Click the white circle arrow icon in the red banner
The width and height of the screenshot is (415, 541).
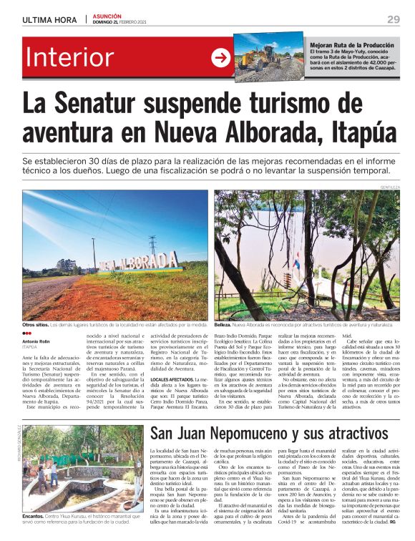[x=222, y=58]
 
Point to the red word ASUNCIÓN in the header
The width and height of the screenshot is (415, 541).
[x=107, y=16]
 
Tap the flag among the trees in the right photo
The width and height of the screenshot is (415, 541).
[x=296, y=261]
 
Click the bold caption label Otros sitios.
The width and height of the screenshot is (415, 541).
[x=38, y=325]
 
